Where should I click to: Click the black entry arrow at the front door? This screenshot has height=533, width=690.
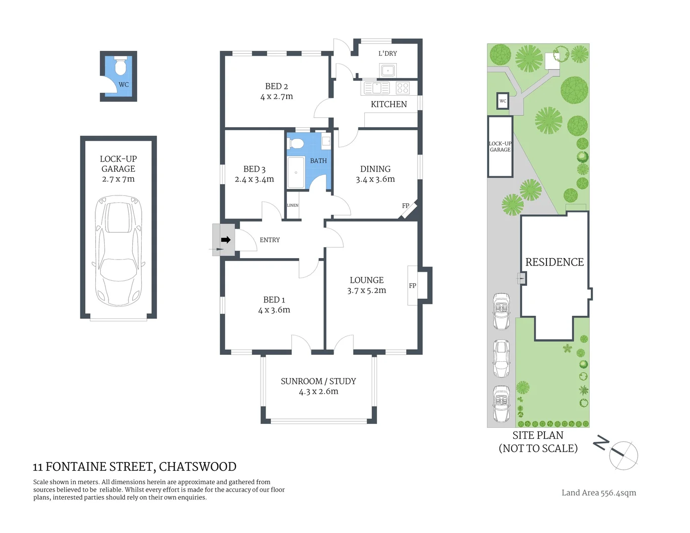pos(226,240)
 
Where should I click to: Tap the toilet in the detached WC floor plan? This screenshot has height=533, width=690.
pos(120,66)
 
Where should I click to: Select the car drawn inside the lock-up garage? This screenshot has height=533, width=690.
pos(118,251)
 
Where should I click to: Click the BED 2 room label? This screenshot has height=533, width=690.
pos(276,86)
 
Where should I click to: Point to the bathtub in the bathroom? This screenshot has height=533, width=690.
pos(296,172)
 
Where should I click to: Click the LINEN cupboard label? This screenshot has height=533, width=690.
pos(293,205)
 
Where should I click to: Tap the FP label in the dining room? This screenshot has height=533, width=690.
pos(406,206)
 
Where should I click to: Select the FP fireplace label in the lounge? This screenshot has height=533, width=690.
pos(413,286)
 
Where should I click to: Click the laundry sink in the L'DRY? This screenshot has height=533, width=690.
pos(388,71)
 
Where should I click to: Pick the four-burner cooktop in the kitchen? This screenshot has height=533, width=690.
pos(403,88)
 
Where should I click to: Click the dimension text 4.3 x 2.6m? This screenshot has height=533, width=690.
pos(318,392)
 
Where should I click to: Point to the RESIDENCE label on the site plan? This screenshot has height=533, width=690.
pos(554,262)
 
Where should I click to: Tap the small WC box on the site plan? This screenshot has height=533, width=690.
pos(502,101)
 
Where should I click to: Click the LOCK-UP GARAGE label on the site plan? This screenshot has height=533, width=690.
pos(500,147)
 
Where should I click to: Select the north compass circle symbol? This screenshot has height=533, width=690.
pos(623,455)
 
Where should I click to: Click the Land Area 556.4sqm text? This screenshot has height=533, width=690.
pos(599,493)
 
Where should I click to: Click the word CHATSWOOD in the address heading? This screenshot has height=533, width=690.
pos(197,467)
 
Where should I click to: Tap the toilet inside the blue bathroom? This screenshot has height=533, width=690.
pos(297,143)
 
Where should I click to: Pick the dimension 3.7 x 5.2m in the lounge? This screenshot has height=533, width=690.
pos(366,291)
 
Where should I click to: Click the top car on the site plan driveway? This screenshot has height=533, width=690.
pos(501,311)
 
